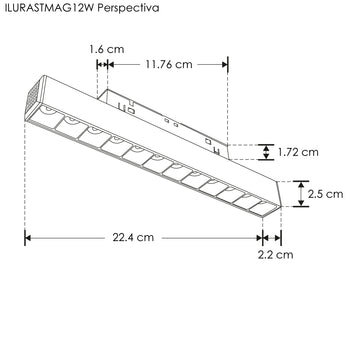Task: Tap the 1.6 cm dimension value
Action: click(105, 47)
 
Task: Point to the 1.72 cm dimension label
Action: click(299, 153)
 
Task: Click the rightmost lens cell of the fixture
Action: click(261, 205)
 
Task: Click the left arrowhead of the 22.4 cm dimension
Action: click(28, 238)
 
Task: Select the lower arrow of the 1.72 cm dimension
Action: click(265, 158)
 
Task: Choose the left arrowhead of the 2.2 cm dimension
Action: click(264, 238)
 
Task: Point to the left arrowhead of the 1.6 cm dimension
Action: click(99, 64)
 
